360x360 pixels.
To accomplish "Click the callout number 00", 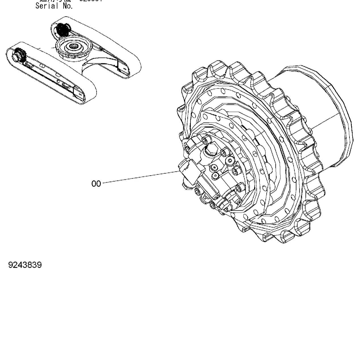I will pos(96,184).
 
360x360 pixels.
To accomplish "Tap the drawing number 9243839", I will pos(25,265).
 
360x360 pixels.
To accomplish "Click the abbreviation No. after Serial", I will pos(68,6).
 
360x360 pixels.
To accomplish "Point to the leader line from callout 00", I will pos(139,177).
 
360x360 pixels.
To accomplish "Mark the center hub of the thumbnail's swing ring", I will pos(74,46).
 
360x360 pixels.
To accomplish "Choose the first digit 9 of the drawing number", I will pos(11,265).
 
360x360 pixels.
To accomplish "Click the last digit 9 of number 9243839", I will pos(39,265).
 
